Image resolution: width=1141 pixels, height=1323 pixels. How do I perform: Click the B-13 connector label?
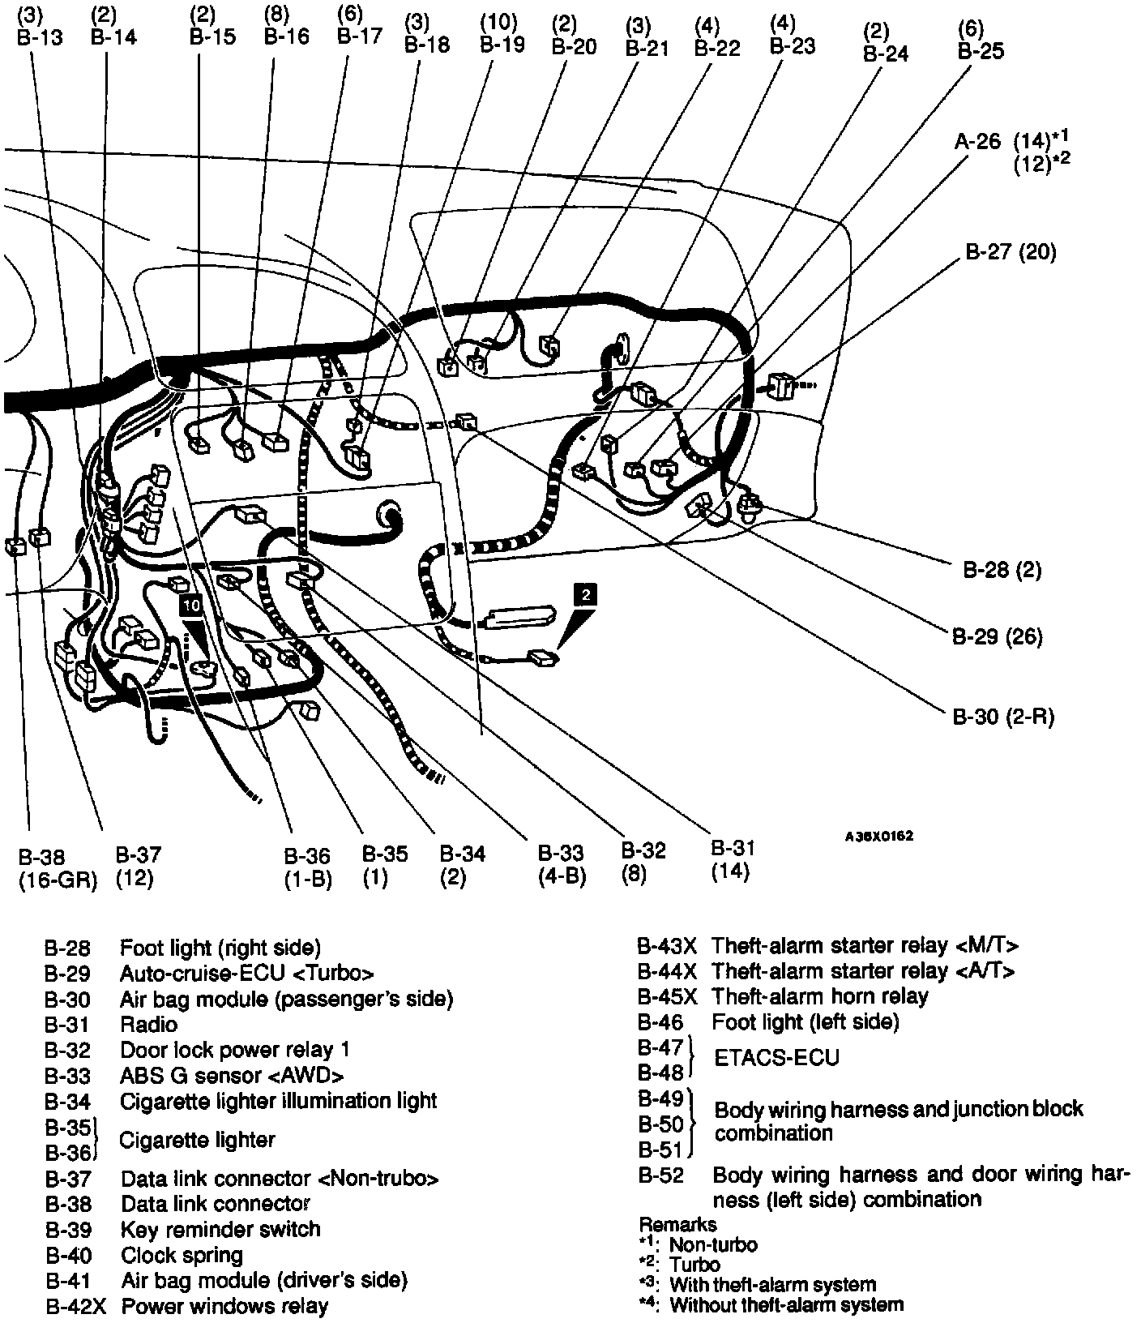pos(40,37)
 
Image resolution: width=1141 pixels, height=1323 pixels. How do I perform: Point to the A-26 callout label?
pos(977,141)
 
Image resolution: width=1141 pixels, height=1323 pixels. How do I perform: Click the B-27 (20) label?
pos(1010,252)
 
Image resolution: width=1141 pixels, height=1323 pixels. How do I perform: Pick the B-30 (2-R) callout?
pos(1002,717)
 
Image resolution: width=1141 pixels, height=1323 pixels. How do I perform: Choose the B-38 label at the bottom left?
pos(41,856)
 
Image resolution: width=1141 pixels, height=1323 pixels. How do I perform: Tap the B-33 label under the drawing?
pos(562,854)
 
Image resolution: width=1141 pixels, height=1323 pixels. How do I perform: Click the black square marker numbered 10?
pos(191,605)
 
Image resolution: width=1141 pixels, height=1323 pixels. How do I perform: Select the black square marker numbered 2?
pos(585,594)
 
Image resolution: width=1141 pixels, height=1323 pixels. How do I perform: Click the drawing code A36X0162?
pos(878,836)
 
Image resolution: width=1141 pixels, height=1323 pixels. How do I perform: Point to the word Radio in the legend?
pos(148,1024)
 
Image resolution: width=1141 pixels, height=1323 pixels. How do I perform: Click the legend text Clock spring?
pos(182,1255)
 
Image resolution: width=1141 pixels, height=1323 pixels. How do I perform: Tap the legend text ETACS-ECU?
pos(776,1058)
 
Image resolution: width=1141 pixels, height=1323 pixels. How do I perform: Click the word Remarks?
pos(677,1224)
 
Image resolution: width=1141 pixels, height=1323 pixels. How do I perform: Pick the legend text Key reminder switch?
pos(220,1229)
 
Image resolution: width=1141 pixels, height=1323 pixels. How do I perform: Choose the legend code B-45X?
pos(666,996)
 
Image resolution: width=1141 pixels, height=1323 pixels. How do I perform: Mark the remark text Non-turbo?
pos(713,1244)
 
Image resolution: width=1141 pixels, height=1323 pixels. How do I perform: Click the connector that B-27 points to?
pos(780,387)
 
